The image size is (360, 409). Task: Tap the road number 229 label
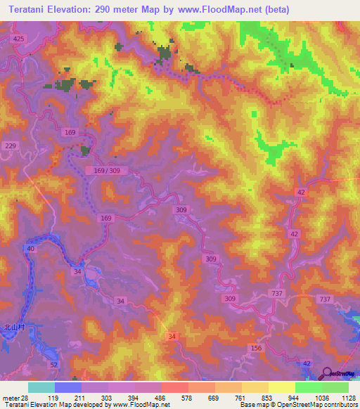10,145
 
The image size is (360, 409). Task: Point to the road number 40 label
31,249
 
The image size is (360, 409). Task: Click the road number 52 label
53,365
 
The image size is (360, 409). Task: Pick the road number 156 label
255,348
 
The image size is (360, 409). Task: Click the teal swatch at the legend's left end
41,387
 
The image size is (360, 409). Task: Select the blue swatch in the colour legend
67,387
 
